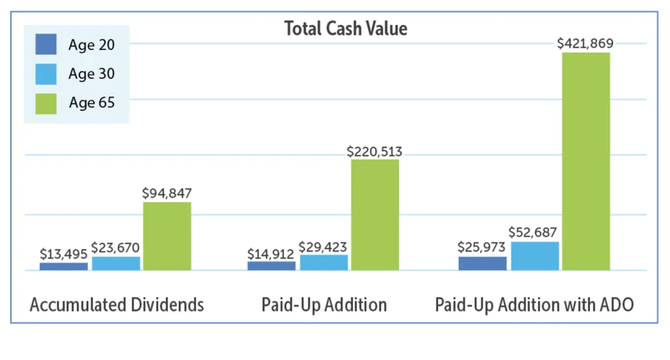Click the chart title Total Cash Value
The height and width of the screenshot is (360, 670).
click(345, 28)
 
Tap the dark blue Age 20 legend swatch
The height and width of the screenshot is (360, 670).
click(46, 45)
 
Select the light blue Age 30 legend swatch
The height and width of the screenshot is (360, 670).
click(46, 74)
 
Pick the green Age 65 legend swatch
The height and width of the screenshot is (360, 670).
click(46, 103)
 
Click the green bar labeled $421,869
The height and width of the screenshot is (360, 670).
click(586, 161)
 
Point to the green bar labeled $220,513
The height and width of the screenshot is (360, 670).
click(375, 214)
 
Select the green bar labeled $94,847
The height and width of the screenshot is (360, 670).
click(167, 236)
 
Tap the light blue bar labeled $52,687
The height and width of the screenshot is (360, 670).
click(535, 256)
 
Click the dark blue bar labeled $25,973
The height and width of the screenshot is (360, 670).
click(482, 263)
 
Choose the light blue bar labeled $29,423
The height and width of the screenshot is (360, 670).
click(324, 262)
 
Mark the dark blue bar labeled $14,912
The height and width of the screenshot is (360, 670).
click(271, 266)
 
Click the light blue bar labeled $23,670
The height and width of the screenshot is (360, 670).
click(116, 263)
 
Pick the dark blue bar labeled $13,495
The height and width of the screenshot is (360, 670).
click(63, 266)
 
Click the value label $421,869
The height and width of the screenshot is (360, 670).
click(586, 44)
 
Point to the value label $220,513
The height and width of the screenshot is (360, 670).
click(374, 151)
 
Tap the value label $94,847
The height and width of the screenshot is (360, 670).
click(167, 194)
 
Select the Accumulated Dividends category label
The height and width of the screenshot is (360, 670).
click(117, 305)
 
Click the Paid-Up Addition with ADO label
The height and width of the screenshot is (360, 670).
click(535, 305)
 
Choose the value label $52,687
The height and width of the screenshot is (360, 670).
click(535, 232)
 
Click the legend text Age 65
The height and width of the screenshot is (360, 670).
click(91, 103)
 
